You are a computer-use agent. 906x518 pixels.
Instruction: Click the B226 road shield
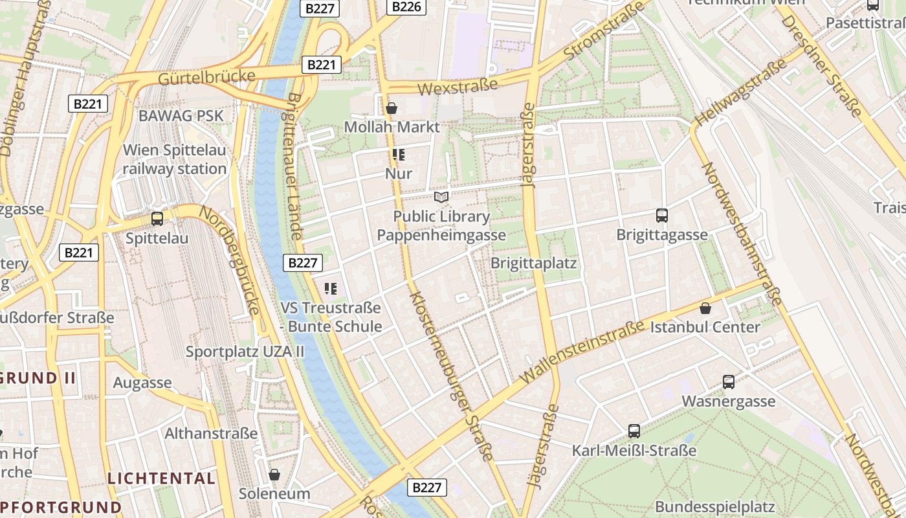pos(406,7)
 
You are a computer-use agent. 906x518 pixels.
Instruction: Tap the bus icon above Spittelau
pos(157,219)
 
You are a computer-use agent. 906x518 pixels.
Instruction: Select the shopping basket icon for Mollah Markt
pos(391,108)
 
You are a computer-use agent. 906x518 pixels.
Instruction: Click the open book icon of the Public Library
pos(441,197)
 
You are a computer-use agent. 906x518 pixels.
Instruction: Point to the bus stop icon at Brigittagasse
pos(661,216)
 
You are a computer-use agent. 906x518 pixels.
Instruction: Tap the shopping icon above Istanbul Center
pos(705,308)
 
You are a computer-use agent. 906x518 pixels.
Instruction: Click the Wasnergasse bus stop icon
pos(729,382)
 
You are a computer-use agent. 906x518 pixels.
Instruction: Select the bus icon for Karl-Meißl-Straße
pos(634,431)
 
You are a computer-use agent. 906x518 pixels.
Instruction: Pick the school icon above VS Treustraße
pos(331,289)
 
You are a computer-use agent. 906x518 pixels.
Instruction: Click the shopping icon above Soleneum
pos(274,475)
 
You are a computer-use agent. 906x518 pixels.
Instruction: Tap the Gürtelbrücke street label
pos(206,77)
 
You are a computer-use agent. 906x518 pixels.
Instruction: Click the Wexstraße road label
pos(458,86)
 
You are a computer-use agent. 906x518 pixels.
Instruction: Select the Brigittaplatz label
pos(533,264)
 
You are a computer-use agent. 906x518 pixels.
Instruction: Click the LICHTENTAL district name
pos(161,479)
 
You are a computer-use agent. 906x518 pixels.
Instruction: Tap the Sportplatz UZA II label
pos(245,352)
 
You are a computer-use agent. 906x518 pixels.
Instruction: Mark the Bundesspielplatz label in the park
pos(714,506)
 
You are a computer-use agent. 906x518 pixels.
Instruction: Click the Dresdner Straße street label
pos(821,65)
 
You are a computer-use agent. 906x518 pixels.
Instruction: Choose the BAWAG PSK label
pos(181,116)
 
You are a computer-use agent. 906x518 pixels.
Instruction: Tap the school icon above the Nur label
pos(398,155)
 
